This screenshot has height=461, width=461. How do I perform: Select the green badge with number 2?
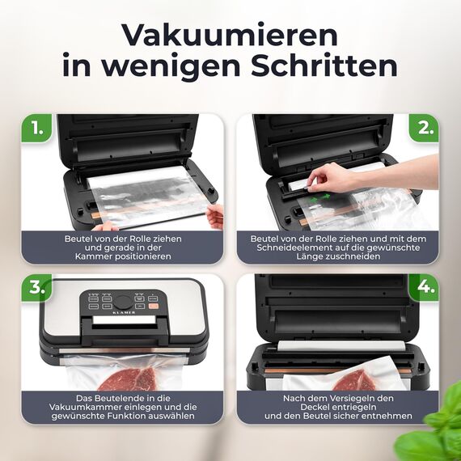pyautogui.click(x=422, y=128)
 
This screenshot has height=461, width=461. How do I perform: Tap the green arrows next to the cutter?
pyautogui.click(x=319, y=197)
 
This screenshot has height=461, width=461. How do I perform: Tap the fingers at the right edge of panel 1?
pyautogui.click(x=215, y=216)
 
